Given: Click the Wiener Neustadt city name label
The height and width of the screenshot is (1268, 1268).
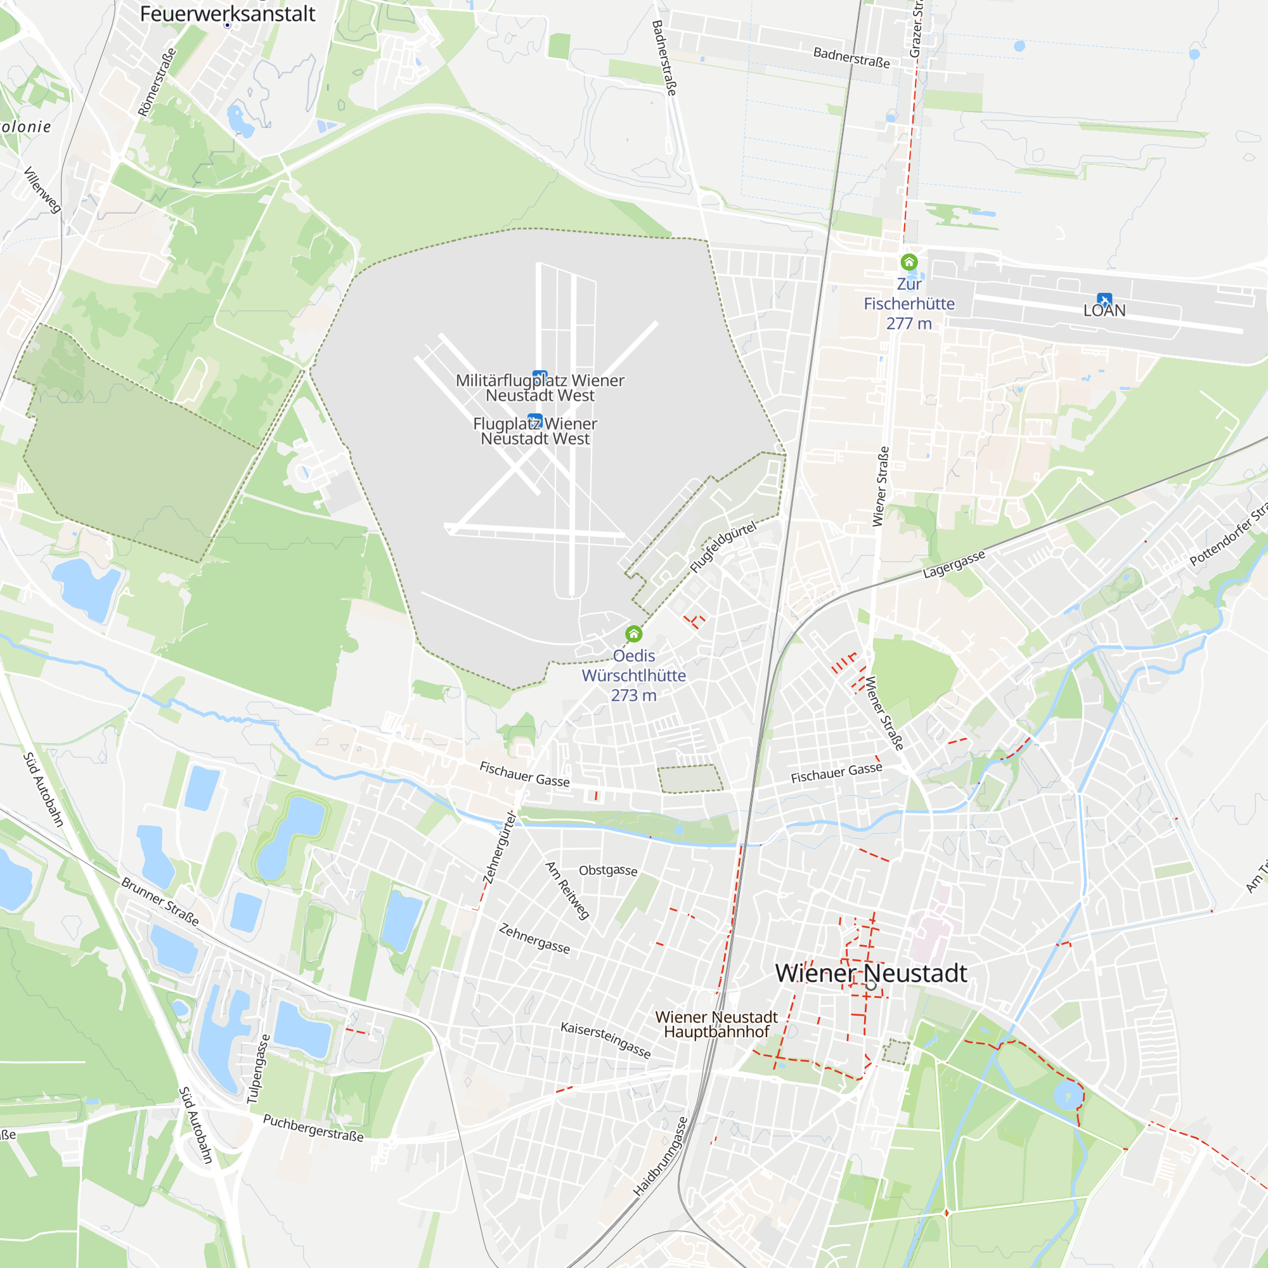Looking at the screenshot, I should [871, 973].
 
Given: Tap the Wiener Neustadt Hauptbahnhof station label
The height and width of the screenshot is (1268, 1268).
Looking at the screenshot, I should [716, 1025].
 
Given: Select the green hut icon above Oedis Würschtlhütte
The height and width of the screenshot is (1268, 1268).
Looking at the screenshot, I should [633, 634].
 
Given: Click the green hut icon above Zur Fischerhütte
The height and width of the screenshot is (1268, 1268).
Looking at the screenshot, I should [909, 262].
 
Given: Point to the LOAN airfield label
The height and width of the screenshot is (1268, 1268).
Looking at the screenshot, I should [1104, 311].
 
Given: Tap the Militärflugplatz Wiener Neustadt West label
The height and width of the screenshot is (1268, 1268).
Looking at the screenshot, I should [540, 388].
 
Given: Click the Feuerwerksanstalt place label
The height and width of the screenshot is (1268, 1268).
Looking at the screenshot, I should [227, 14].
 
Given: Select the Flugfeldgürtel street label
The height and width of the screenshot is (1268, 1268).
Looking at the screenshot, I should [723, 547].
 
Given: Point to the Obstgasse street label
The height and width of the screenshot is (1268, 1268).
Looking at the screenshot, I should [608, 870].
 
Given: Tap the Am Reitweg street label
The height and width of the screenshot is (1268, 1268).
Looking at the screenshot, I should [567, 891].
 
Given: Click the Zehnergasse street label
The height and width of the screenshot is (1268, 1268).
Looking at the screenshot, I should [534, 938].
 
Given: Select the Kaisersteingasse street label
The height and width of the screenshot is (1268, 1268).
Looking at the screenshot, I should [605, 1040].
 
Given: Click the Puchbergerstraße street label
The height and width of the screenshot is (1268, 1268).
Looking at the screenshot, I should [313, 1127].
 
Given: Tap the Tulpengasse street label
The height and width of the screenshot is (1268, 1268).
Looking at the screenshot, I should [258, 1068].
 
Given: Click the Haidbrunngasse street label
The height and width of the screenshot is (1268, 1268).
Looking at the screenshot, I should [660, 1156].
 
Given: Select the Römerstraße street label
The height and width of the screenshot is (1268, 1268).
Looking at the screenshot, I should [157, 82].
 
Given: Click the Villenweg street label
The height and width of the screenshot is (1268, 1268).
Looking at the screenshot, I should [42, 190].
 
